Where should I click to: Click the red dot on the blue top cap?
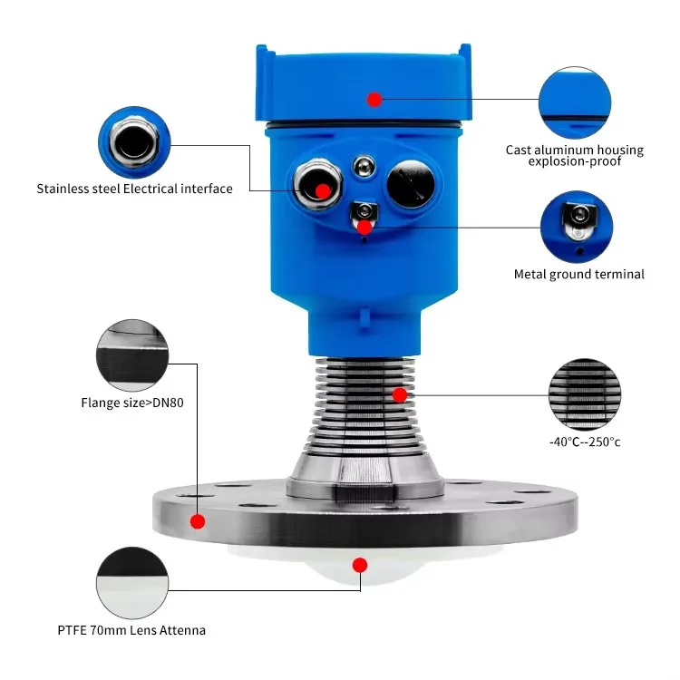pos(374,98)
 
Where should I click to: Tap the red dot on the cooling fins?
pos(399,394)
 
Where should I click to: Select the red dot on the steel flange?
pos(198,520)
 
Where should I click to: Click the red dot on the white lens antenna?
pos(360,565)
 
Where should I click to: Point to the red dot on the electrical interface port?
pos(322,190)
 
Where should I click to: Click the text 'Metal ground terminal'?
pos(578,274)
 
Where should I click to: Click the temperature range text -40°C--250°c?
pos(585,442)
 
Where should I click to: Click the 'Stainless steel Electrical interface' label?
pos(134,189)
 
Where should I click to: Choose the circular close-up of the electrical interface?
pos(134,143)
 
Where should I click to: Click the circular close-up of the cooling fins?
pos(585,393)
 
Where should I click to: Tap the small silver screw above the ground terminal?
pos(364,165)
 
